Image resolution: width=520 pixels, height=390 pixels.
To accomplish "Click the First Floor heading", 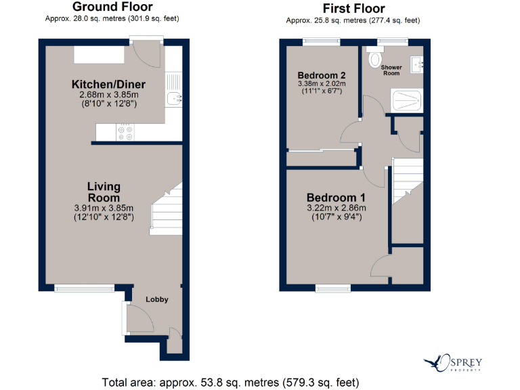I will coord(354,9).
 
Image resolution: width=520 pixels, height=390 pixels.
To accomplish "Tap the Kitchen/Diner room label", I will coord(108,85).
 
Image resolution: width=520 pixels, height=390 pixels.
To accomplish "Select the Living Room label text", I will coord(104,192).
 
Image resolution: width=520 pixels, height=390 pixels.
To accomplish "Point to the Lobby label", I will coord(158,299).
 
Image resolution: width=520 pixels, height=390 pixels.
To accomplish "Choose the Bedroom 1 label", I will coord(337,197).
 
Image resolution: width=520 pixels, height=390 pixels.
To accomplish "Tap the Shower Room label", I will coord(391,70).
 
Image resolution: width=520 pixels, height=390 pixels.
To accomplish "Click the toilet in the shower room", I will coord(374,60).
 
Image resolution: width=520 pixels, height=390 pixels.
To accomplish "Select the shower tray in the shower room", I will coord(408,102).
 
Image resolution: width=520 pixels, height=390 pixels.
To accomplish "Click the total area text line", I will coord(230,382).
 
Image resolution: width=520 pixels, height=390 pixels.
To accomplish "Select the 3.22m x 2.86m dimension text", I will coord(337,208).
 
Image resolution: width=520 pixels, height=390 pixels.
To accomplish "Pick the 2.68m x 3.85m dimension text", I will coord(109,95).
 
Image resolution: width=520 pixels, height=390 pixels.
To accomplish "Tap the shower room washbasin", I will coord(417,65).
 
